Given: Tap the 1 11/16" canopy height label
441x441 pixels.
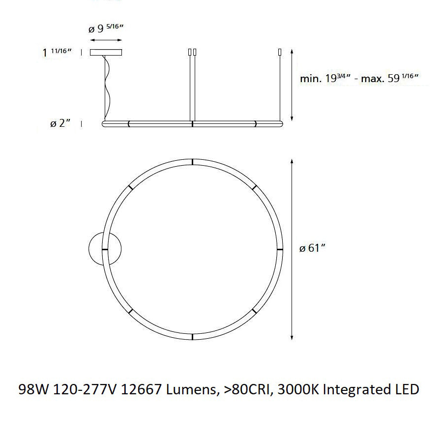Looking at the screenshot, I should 58,53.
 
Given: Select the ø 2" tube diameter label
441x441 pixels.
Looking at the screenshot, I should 60,123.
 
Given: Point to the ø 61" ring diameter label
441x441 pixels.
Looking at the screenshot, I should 313,248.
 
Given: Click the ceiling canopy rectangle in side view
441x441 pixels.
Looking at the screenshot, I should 106,52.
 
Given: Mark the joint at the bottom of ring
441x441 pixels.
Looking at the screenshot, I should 193,336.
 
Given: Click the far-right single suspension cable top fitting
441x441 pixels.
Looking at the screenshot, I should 280,52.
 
